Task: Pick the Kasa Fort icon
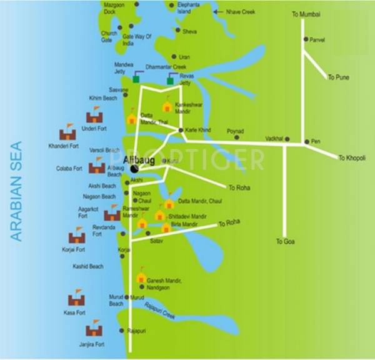point(76,297)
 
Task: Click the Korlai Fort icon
point(76,236)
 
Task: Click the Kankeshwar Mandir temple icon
point(167,107)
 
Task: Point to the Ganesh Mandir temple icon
point(141,277)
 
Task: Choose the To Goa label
point(284,241)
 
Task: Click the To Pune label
point(338,77)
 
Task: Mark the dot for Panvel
point(306,39)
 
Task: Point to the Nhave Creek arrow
point(217,11)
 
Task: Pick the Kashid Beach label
point(87,266)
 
